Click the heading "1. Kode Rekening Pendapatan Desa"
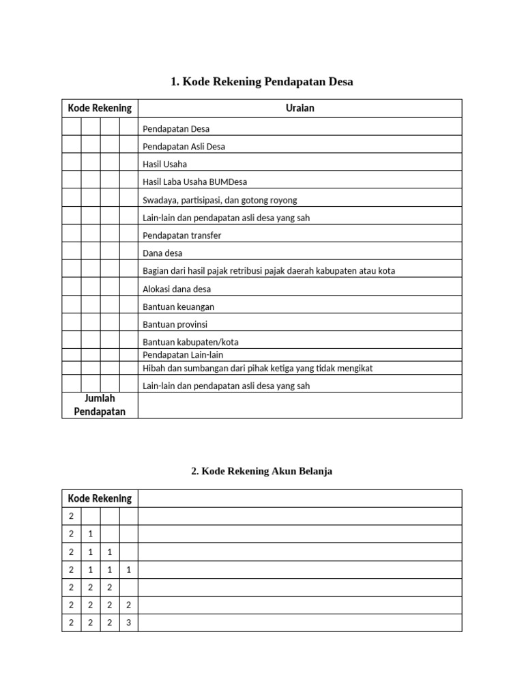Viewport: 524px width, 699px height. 261,82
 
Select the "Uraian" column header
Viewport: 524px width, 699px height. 300,109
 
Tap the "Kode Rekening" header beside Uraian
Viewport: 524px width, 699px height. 100,109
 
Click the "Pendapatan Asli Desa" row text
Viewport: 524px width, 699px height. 184,147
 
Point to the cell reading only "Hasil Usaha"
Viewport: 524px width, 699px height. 164,165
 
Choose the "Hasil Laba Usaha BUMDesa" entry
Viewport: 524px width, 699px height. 194,182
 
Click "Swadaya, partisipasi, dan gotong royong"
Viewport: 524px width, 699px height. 220,200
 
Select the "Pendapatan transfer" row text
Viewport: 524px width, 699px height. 181,236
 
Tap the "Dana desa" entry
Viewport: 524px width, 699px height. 162,253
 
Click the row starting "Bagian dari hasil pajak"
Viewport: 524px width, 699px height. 268,271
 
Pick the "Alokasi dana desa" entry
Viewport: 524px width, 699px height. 177,289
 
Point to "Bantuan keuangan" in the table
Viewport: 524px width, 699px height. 178,306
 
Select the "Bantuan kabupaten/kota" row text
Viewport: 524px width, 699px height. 190,342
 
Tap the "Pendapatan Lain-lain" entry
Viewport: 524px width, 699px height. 183,355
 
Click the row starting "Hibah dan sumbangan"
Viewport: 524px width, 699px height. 257,368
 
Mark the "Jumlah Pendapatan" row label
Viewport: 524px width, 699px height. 100,405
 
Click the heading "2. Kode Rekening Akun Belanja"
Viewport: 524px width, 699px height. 262,472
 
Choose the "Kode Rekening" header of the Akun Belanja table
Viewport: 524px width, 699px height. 100,498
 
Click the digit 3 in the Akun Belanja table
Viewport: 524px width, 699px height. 128,623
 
